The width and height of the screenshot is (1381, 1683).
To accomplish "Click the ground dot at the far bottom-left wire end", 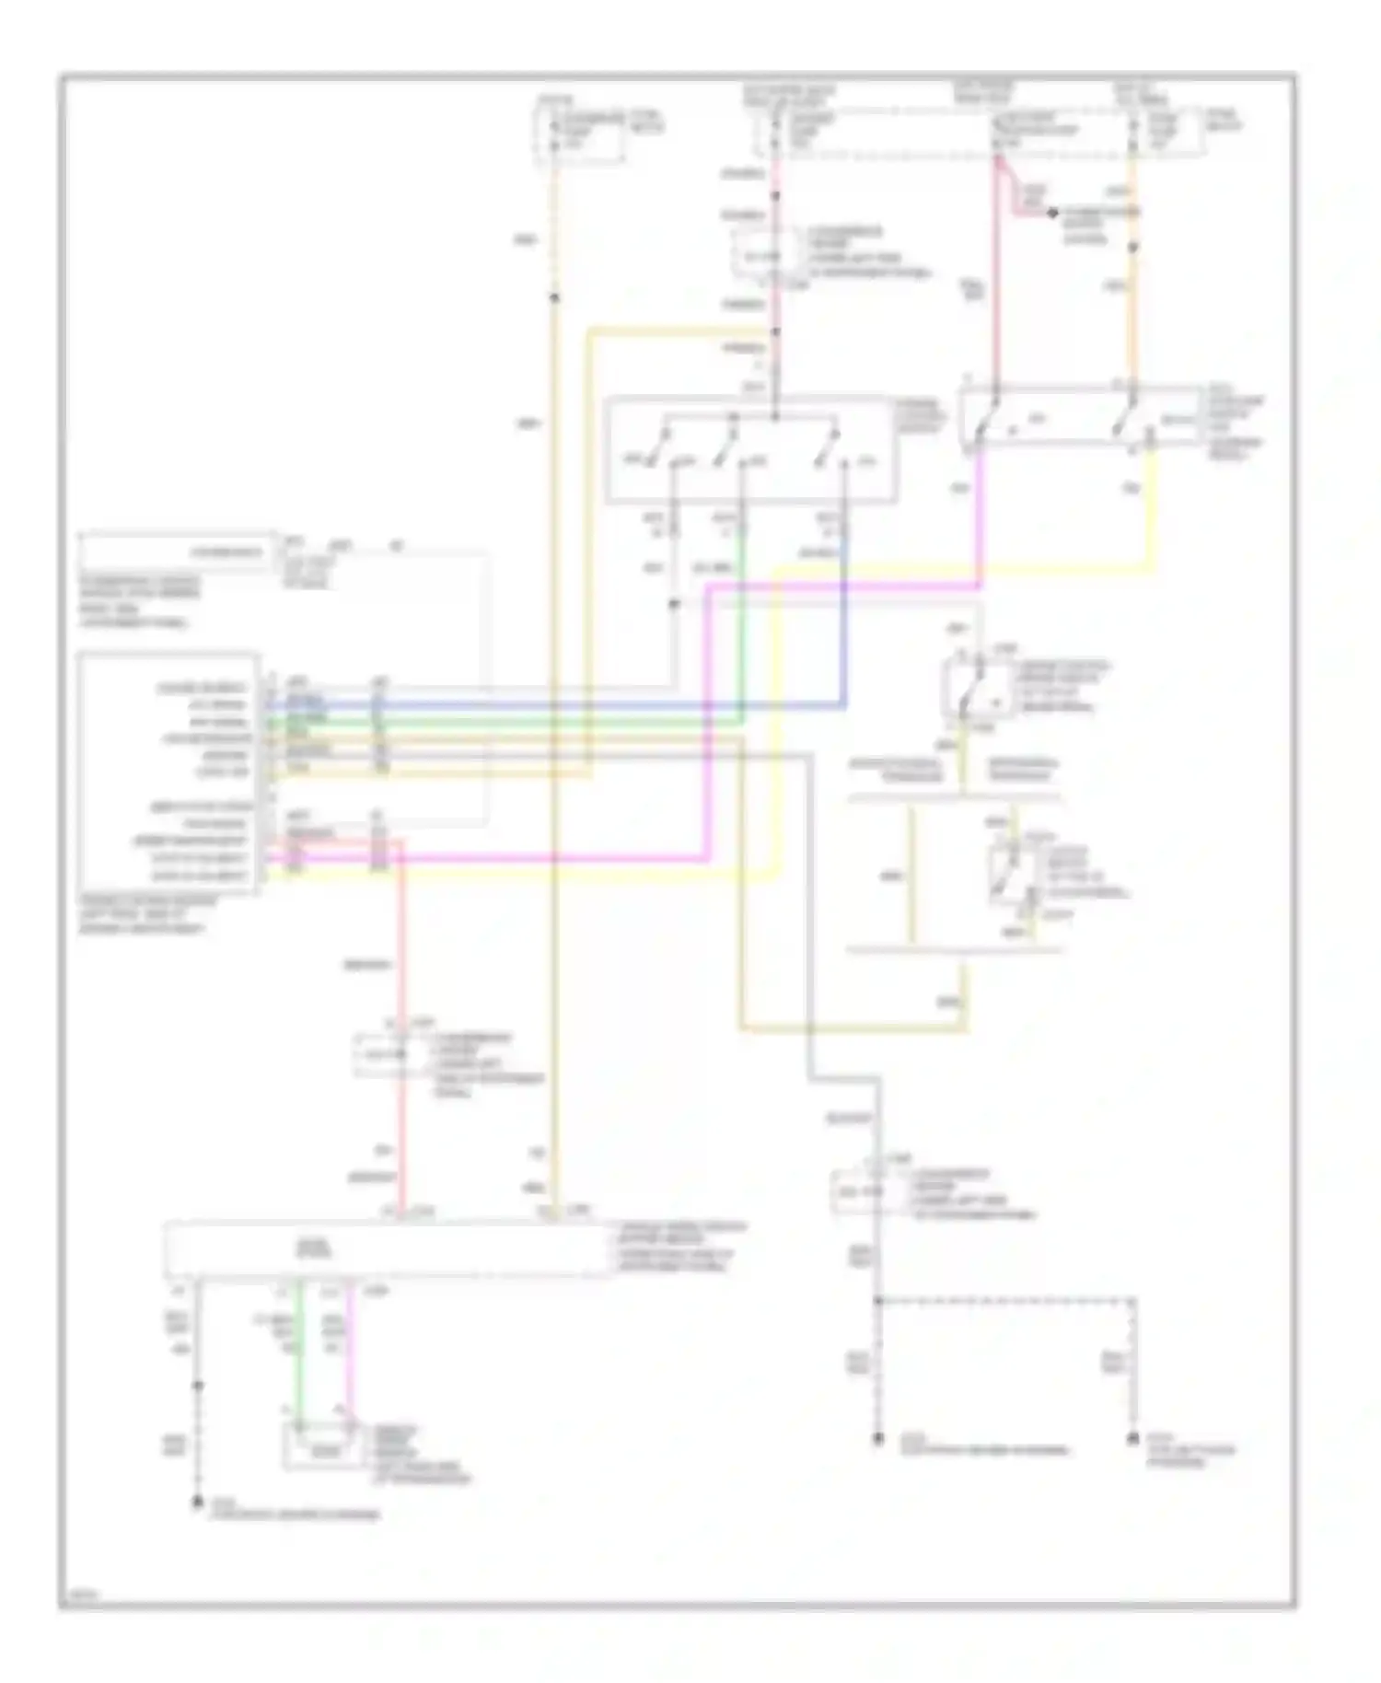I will [x=196, y=1502].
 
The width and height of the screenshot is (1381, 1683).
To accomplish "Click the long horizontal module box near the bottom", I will [x=387, y=1249].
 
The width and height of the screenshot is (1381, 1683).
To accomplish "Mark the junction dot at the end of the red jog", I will [x=1051, y=213].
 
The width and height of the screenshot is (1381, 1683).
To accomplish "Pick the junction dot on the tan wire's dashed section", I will [x=553, y=296].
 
